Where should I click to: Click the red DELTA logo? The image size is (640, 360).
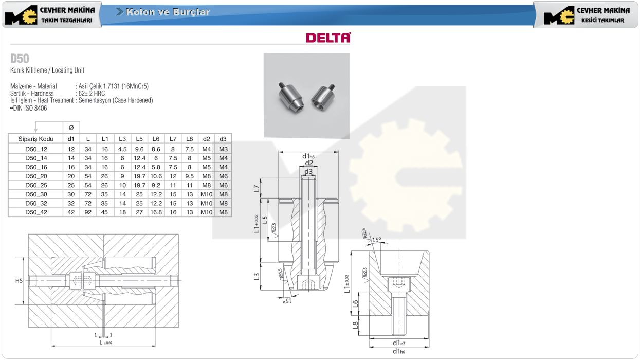(328, 38)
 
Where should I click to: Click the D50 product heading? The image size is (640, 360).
(20, 59)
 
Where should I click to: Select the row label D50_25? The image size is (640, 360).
(36, 185)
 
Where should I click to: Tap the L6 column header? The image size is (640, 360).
(156, 139)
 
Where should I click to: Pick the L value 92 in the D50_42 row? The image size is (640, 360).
(88, 212)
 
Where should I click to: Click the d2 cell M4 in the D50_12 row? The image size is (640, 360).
(206, 149)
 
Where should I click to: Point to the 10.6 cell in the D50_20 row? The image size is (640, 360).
(156, 176)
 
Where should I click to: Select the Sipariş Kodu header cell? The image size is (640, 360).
(35, 139)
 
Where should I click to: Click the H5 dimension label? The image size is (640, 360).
(19, 281)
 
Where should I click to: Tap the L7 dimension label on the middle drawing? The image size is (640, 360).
(257, 189)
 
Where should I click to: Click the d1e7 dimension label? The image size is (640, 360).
(399, 343)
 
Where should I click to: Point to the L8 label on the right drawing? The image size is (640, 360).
(355, 326)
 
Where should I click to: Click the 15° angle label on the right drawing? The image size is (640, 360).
(377, 240)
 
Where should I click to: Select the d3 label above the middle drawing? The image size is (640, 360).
(308, 171)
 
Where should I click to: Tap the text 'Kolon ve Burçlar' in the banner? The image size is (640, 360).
(168, 12)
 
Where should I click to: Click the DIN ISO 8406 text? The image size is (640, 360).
(29, 108)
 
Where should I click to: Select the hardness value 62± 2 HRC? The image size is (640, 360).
(91, 94)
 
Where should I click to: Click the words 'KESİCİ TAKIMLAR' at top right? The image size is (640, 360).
(602, 20)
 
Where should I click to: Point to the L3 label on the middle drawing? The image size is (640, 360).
(257, 276)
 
